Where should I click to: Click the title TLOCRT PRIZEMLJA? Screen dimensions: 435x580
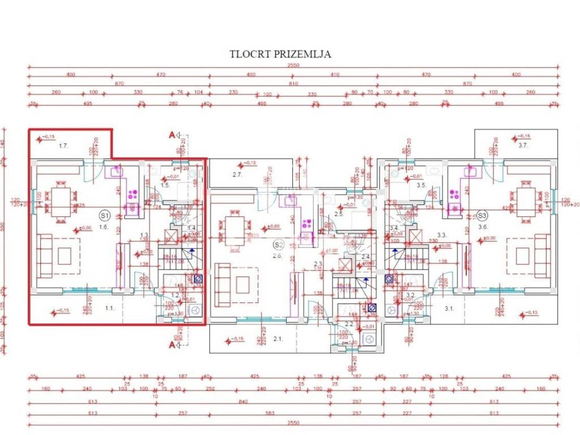(280, 54)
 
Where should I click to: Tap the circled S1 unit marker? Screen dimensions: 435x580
(104, 215)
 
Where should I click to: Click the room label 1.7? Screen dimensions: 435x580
(63, 146)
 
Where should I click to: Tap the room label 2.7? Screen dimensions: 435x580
(237, 174)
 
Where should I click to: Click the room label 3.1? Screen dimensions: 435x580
(449, 308)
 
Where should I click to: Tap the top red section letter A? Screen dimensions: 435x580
(170, 134)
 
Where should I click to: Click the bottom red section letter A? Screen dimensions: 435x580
(170, 343)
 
